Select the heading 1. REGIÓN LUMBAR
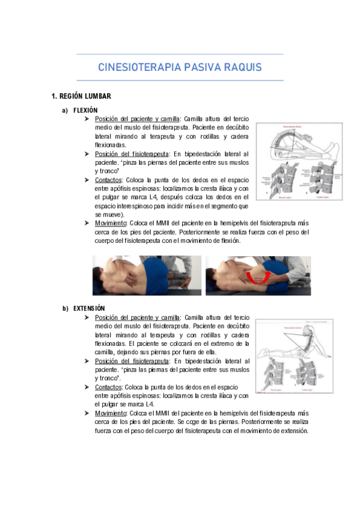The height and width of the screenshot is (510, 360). click(x=81, y=96)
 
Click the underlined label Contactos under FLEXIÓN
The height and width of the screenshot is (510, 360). click(x=109, y=180)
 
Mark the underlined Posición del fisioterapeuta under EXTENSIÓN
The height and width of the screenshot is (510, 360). click(x=132, y=361)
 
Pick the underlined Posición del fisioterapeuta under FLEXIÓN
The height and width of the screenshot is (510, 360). click(x=132, y=154)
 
